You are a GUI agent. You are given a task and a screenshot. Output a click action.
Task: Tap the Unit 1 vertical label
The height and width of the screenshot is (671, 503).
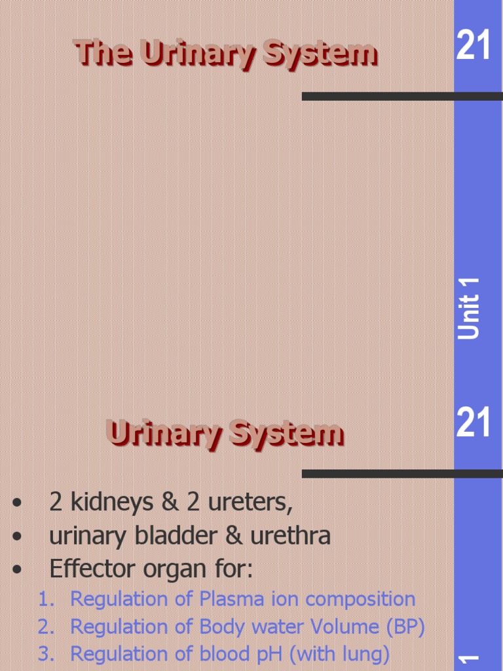coord(470,308)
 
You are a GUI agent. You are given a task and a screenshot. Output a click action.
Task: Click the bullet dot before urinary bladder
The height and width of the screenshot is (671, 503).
coord(17,537)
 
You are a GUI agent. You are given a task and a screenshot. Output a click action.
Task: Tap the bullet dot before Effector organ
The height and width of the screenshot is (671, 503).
coord(17,569)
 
